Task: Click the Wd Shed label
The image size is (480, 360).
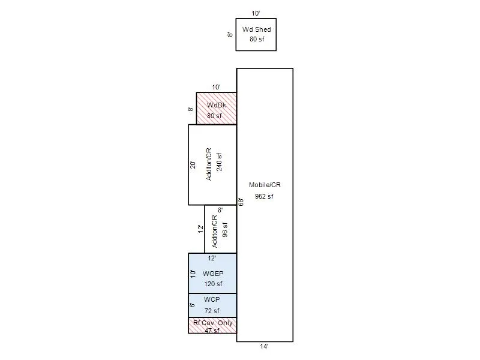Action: tap(257, 29)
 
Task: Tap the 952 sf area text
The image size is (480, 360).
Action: tap(264, 196)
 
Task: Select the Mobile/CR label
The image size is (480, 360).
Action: tap(265, 185)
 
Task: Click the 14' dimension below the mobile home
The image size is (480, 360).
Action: tap(264, 346)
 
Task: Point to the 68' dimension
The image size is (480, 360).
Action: tap(241, 202)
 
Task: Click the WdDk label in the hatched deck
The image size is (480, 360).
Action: tap(217, 105)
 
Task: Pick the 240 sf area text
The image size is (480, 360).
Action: tap(219, 161)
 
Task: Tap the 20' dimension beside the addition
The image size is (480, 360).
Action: tap(193, 164)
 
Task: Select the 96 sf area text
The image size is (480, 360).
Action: tap(225, 230)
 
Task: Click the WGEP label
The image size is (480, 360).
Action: tap(213, 274)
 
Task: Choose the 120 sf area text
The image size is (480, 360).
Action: tap(213, 284)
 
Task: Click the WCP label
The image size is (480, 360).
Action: tap(212, 299)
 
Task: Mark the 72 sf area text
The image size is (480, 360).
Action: tap(212, 311)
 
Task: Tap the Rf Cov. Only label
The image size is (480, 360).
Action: tap(213, 323)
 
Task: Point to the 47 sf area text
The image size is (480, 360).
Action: tap(212, 331)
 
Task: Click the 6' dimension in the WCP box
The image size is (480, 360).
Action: tap(192, 305)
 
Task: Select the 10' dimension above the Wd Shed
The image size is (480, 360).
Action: tap(256, 13)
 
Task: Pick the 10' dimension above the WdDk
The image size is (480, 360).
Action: tap(216, 87)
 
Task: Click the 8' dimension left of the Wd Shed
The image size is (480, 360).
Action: tap(230, 35)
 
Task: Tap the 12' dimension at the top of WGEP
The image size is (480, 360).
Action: tap(212, 258)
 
